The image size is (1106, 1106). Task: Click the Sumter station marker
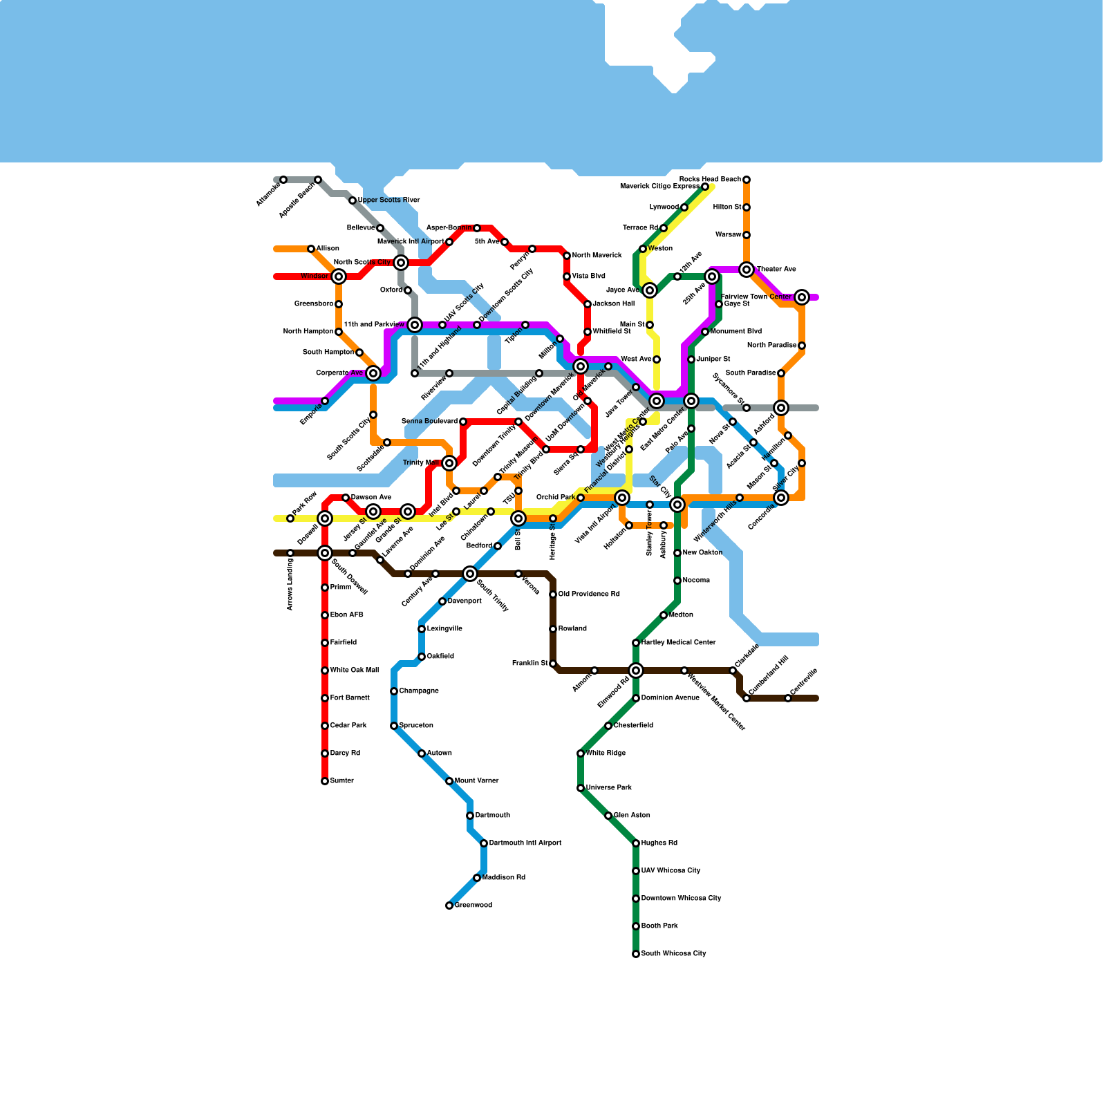[325, 781]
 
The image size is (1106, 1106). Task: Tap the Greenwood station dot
[449, 906]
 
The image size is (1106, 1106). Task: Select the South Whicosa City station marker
[636, 954]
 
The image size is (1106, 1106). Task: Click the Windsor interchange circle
[339, 276]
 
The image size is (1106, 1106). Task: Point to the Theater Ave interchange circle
[747, 270]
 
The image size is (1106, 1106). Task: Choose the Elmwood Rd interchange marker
[636, 671]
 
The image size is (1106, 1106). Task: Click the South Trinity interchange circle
[470, 574]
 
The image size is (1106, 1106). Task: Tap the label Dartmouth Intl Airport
[525, 843]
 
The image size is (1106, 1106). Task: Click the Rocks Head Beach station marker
[747, 180]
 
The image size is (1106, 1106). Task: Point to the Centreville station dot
[788, 698]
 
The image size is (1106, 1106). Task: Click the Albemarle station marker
[283, 180]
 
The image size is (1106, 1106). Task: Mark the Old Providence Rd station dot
[553, 594]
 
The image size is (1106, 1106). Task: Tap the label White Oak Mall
[354, 671]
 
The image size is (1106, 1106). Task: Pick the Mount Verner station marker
[449, 781]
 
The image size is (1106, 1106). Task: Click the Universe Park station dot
[581, 788]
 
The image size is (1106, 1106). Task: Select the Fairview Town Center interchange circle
[802, 297]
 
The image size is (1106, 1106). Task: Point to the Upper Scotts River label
[388, 200]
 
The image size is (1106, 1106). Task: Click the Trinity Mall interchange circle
[449, 463]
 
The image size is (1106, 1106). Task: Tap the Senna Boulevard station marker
[463, 422]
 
